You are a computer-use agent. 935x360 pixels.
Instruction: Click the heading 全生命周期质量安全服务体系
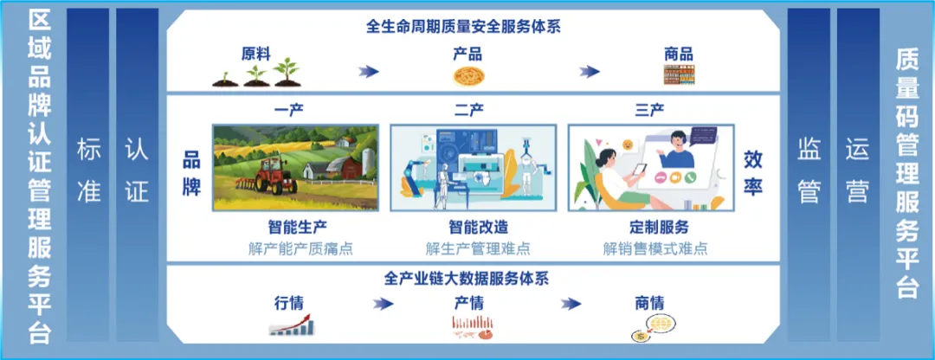pyautogui.click(x=463, y=27)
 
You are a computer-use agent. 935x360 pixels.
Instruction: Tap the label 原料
pyautogui.click(x=255, y=55)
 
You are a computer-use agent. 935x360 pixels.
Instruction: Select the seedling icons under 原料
pyautogui.click(x=255, y=73)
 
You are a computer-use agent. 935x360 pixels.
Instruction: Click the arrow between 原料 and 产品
pyautogui.click(x=369, y=72)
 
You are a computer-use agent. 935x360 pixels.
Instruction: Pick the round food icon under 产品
pyautogui.click(x=468, y=75)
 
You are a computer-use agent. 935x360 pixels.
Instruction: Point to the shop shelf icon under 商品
pyautogui.click(x=679, y=74)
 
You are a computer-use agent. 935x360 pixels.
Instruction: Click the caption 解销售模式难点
pyautogui.click(x=655, y=248)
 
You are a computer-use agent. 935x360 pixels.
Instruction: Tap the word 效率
pyautogui.click(x=753, y=173)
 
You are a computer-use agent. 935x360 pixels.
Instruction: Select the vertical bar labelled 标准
pyautogui.click(x=89, y=174)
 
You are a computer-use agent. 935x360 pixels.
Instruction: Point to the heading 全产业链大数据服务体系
pyautogui.click(x=467, y=279)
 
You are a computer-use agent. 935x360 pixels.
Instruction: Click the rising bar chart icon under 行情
pyautogui.click(x=293, y=325)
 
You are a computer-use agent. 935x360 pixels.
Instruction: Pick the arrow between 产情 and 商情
pyautogui.click(x=571, y=304)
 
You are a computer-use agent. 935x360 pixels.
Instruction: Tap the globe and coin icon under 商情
pyautogui.click(x=652, y=328)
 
